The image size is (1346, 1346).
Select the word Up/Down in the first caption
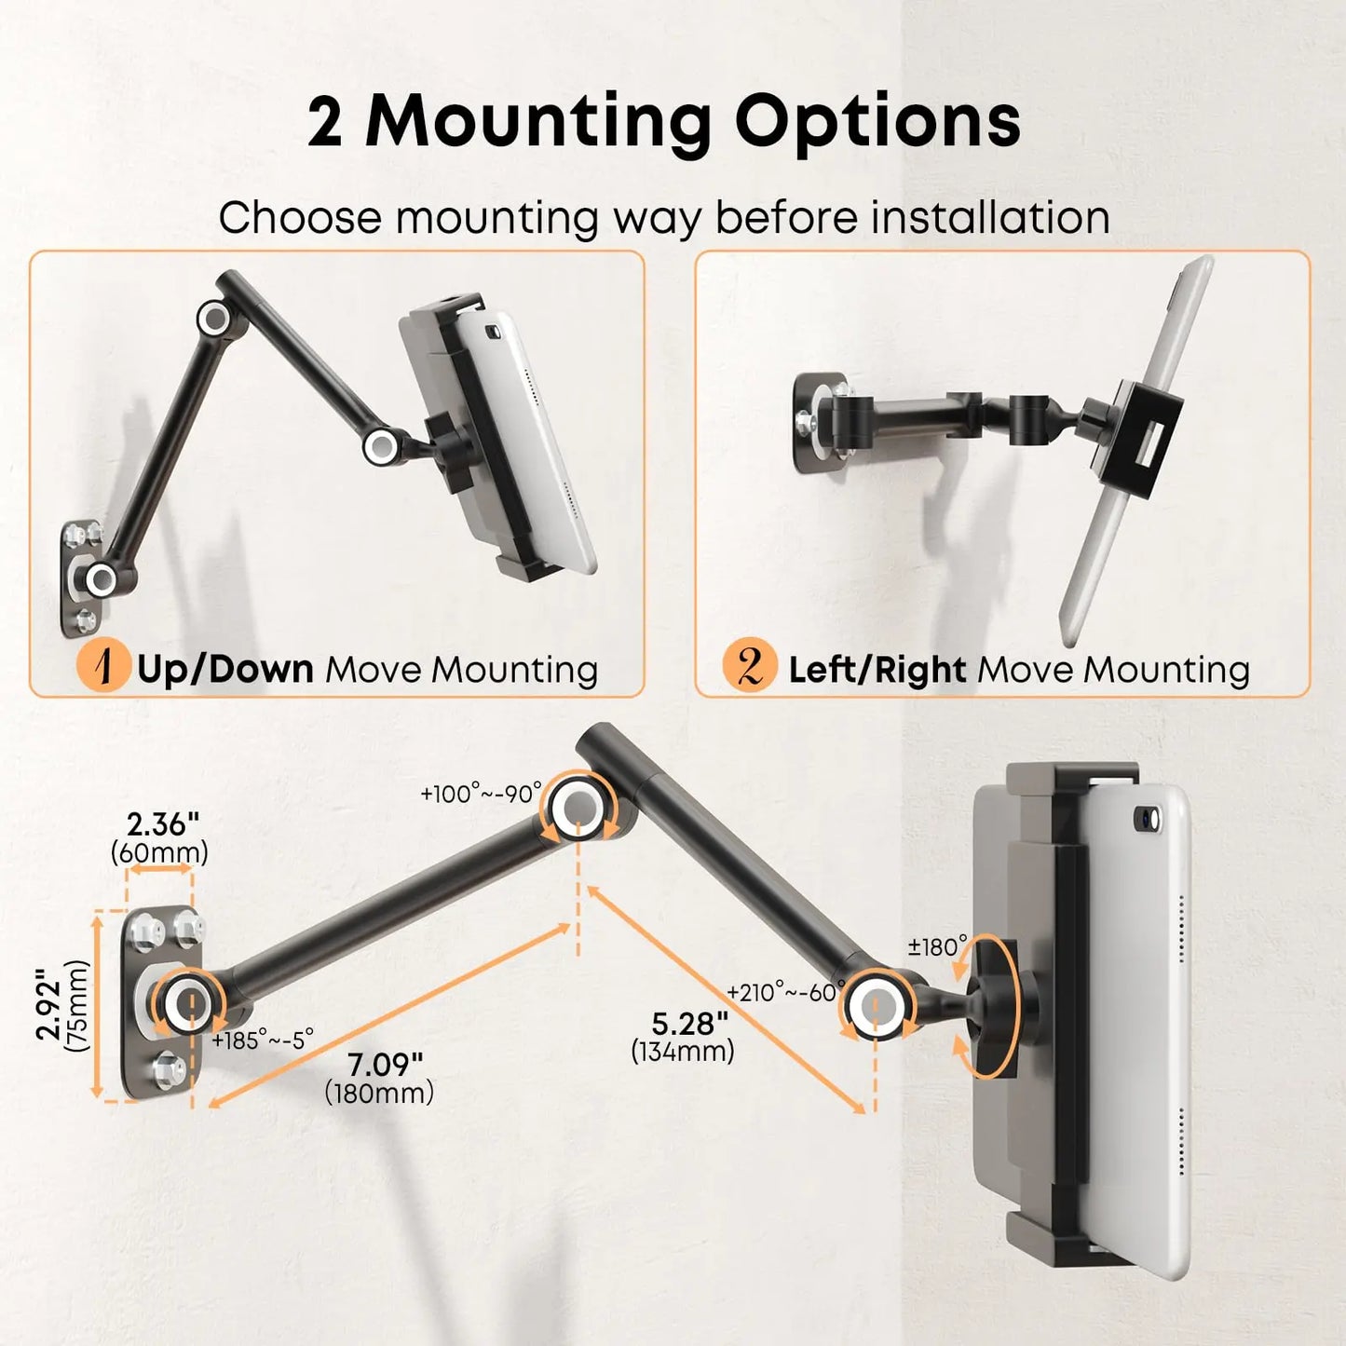[x=224, y=669]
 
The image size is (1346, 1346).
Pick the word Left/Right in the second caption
[x=877, y=669]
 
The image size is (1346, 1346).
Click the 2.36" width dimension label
[x=163, y=825]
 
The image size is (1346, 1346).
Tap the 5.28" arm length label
[x=689, y=1024]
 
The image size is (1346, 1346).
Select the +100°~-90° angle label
[x=482, y=794]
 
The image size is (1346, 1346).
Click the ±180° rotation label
[x=937, y=947]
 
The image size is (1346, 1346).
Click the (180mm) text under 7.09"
[x=379, y=1094]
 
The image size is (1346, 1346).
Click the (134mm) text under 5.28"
[x=683, y=1052]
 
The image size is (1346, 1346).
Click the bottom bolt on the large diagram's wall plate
[x=169, y=1069]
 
